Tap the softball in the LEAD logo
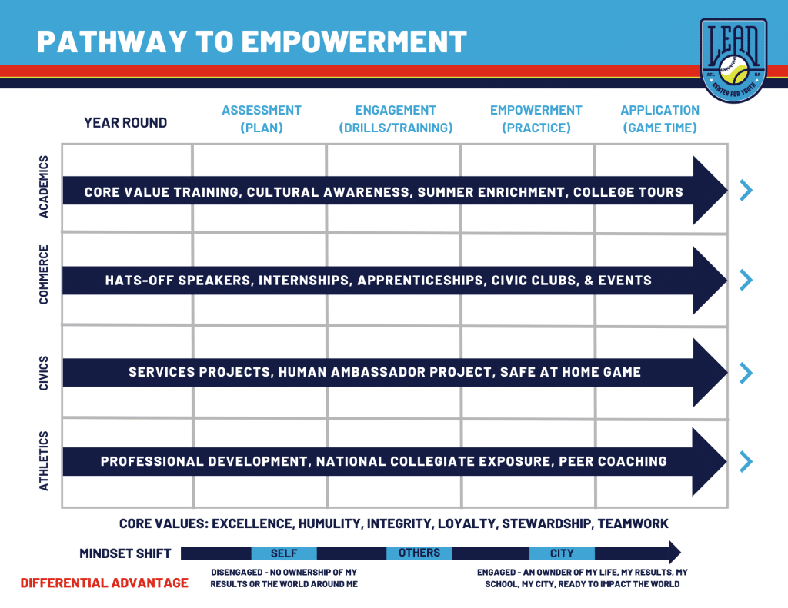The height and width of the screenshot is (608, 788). [733, 72]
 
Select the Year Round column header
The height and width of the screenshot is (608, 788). [125, 122]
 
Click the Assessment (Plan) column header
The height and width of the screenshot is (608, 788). [262, 119]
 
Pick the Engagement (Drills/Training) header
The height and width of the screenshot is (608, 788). [396, 119]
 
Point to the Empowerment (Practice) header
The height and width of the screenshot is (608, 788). [536, 119]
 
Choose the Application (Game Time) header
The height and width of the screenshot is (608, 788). [659, 119]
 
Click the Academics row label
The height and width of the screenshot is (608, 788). [44, 187]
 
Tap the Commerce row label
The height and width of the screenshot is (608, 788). [44, 274]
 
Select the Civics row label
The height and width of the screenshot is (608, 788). [44, 372]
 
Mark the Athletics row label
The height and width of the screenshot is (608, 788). [44, 460]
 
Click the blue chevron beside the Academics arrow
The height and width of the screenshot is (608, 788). [746, 190]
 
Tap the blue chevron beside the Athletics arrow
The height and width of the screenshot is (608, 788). [746, 461]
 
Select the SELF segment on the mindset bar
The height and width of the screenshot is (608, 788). [284, 553]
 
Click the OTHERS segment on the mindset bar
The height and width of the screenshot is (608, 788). [419, 553]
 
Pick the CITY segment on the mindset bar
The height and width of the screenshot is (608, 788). [562, 553]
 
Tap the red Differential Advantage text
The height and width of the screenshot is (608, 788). [104, 583]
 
